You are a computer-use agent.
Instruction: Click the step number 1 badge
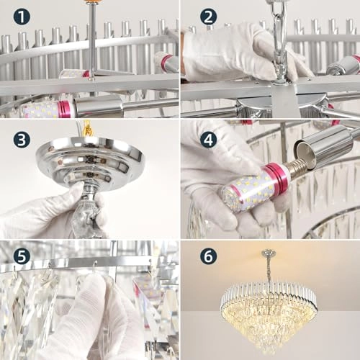pos(22,17)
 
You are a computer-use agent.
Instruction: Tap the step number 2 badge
pos(209,17)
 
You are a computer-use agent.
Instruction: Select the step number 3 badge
pos(22,138)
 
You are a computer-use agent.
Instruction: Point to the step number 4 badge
pos(209,138)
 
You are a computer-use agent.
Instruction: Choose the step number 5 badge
pos(22,256)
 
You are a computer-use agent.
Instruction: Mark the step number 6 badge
pos(209,256)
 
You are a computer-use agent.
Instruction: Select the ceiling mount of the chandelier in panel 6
pos(269,253)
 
